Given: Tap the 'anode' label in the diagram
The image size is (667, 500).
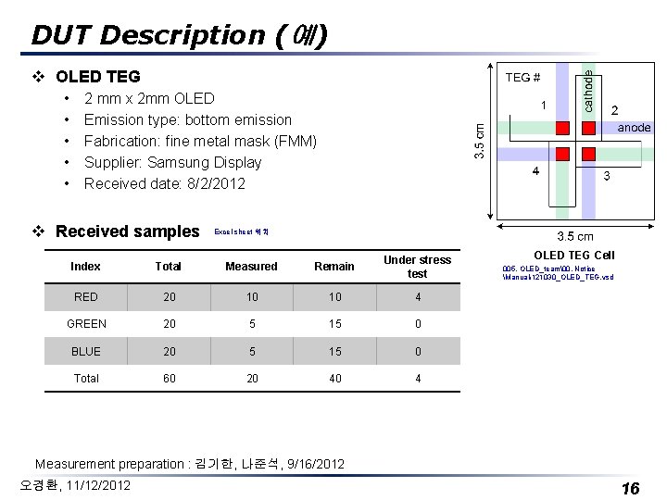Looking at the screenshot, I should tap(635, 128).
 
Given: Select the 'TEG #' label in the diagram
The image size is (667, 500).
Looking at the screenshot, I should tap(523, 78).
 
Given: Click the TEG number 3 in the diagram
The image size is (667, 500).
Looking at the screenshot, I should tap(607, 176).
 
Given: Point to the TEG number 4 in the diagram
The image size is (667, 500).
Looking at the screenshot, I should tap(535, 171).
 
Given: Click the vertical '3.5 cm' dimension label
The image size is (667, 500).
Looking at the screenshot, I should tap(479, 140).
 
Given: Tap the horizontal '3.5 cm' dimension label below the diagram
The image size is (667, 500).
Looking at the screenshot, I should tap(574, 237).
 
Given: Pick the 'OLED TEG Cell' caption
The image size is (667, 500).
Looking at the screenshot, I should tap(574, 255).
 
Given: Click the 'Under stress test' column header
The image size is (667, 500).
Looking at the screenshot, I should tap(417, 267).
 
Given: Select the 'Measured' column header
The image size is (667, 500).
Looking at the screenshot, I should tap(251, 267).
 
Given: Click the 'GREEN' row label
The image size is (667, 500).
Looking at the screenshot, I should tap(86, 324).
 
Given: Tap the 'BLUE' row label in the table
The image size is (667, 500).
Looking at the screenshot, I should tap(86, 351).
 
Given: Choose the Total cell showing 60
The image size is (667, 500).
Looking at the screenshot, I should tap(169, 378).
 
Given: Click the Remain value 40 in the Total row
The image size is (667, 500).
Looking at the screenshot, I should tap(334, 378).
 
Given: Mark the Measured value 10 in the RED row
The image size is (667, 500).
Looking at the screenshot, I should tap(251, 297).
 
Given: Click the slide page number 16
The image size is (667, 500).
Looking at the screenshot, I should tap(630, 488).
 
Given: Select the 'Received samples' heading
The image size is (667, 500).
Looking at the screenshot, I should tap(127, 231).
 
